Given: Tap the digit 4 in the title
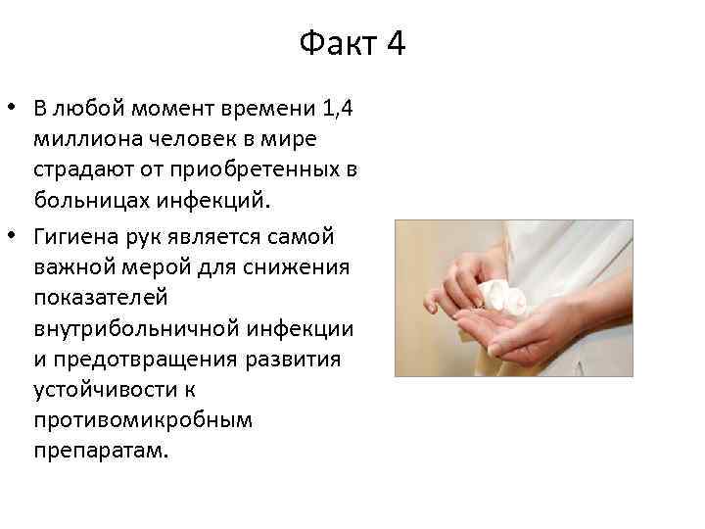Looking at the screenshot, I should coord(395,44).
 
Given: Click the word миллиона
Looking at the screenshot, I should coord(103,138).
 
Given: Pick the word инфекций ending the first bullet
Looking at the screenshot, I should coord(220,201).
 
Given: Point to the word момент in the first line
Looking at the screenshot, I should coord(180,107).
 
